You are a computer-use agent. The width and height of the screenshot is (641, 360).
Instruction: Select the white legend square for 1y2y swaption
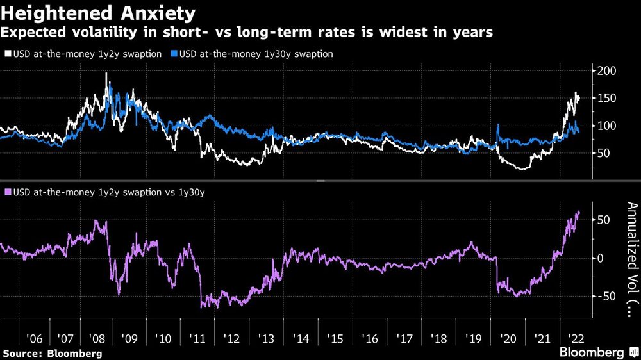point(7,54)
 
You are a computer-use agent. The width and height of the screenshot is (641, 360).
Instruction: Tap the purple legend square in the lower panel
point(7,192)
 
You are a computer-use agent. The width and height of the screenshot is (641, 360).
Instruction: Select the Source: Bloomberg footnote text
point(52,353)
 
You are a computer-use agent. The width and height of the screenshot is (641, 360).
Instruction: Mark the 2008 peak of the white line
point(106,74)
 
